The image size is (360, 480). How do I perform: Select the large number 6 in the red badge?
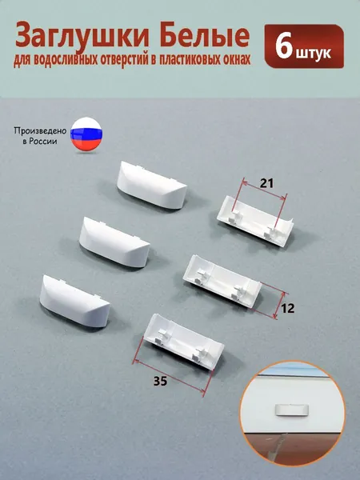pos(284,46)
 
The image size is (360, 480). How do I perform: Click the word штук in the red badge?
pos(314,53)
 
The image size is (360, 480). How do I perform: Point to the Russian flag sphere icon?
pos(86,134)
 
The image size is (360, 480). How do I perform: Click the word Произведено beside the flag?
pos(40,131)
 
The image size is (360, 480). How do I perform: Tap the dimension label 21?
pos(266,183)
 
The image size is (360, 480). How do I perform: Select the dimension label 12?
pos(287,309)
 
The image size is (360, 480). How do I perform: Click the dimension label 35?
pos(160,382)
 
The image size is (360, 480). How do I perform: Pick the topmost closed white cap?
pos(151,186)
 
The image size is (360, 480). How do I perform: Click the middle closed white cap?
pos(114,242)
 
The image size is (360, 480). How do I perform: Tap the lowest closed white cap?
pos(74,301)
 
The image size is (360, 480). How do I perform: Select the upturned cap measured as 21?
pos(255,221)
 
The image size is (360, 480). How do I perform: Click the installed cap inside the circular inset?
pos(291,410)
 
